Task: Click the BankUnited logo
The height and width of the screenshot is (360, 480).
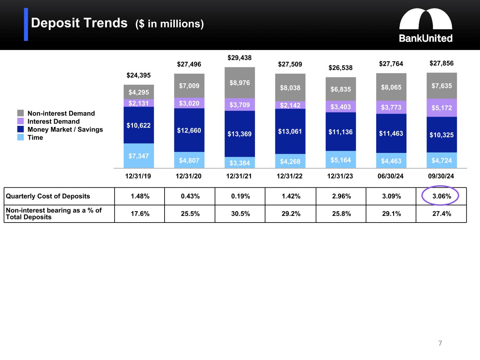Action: tap(425, 25)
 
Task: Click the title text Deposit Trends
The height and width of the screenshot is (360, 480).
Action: tap(79, 23)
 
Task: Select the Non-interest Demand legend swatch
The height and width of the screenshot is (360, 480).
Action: tap(21, 113)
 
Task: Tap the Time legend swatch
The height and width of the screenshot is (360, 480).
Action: tap(21, 137)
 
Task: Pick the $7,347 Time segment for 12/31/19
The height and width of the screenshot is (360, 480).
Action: tap(139, 156)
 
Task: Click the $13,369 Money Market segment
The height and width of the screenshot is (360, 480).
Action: tap(239, 134)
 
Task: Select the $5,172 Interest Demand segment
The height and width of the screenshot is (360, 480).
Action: tap(441, 108)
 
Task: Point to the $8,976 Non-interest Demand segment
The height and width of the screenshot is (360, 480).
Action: tap(239, 83)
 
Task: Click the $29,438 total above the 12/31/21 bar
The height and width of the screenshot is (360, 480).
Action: tap(239, 58)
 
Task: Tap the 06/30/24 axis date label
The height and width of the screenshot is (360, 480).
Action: tap(391, 176)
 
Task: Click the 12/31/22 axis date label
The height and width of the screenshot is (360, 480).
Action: tap(290, 176)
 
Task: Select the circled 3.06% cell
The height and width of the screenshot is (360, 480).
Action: tap(441, 196)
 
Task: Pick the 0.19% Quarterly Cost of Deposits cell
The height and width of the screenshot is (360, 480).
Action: tap(240, 196)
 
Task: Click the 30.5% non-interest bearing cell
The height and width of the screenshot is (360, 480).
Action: tap(240, 214)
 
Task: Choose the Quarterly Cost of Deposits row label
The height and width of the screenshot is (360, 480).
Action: tap(48, 196)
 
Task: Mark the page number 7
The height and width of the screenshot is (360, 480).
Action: tap(440, 343)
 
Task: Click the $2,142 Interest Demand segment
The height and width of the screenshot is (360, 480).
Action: tap(290, 105)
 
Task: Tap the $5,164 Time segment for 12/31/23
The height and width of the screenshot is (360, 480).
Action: tap(340, 160)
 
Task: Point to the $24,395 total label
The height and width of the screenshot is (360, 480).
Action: tap(139, 75)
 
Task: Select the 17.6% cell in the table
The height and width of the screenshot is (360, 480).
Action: tap(140, 214)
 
